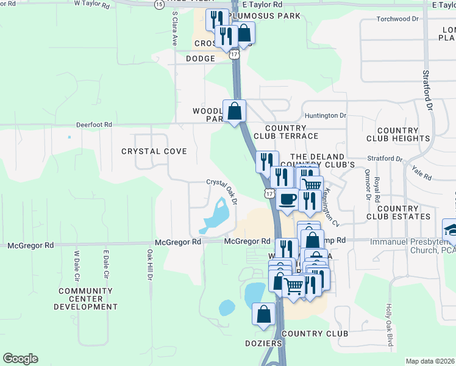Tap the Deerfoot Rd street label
94,124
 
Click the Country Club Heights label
397,135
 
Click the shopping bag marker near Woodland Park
234,111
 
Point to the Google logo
20,359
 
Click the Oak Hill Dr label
149,264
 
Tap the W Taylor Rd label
91,4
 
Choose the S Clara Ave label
174,29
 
